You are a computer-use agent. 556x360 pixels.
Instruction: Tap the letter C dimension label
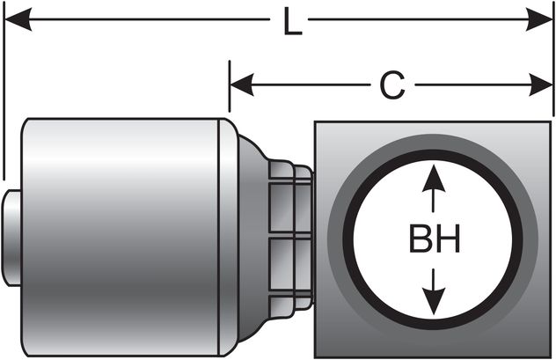(391, 85)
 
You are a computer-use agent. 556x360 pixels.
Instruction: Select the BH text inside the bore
(434, 240)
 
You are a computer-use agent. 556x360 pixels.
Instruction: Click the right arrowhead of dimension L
(540, 19)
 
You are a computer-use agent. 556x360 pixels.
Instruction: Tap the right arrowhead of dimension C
(540, 85)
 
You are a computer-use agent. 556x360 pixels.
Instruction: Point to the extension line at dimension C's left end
(230, 88)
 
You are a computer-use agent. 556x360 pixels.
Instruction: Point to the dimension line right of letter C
(475, 85)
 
